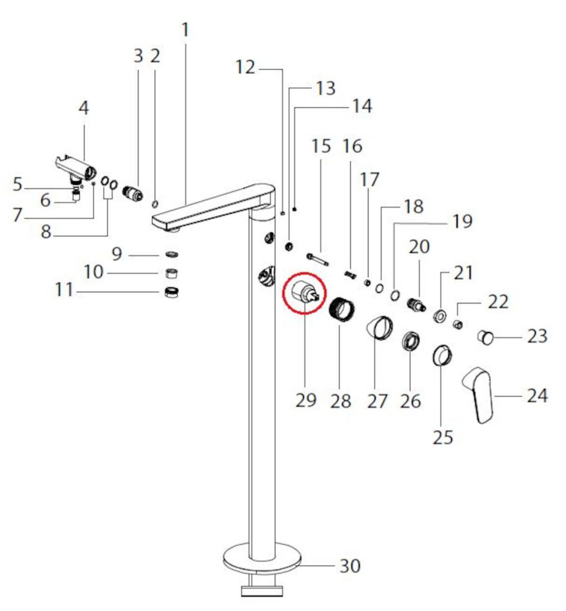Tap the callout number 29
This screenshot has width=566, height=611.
pyautogui.click(x=306, y=400)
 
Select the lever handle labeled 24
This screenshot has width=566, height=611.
pyautogui.click(x=478, y=394)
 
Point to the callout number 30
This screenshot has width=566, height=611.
pyautogui.click(x=350, y=566)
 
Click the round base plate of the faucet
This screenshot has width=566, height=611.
pyautogui.click(x=263, y=557)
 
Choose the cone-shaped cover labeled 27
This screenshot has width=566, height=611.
pyautogui.click(x=379, y=328)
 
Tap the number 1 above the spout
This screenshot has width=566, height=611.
pyautogui.click(x=185, y=30)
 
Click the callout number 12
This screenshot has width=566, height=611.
pyautogui.click(x=245, y=67)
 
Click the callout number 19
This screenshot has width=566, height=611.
pyautogui.click(x=462, y=221)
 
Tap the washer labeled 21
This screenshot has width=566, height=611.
pyautogui.click(x=440, y=316)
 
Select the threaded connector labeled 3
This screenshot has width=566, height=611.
pyautogui.click(x=132, y=192)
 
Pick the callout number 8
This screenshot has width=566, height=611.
pyautogui.click(x=46, y=231)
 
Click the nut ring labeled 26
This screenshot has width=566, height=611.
pyautogui.click(x=410, y=341)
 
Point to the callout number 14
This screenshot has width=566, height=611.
pyautogui.click(x=362, y=106)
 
